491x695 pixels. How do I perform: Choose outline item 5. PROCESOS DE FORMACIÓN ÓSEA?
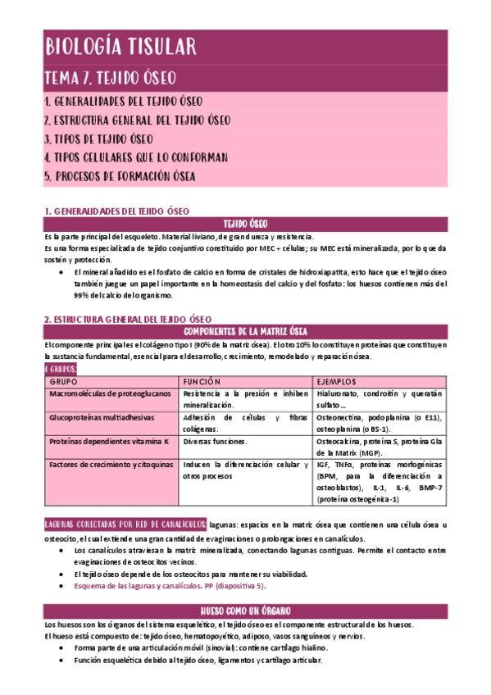point(120,176)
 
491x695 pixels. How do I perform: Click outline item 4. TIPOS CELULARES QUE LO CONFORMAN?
point(135,157)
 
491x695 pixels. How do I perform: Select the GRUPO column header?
point(65,382)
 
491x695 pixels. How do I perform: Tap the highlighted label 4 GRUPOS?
point(61,369)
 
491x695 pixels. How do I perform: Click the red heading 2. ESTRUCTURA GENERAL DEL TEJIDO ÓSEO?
point(128,319)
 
